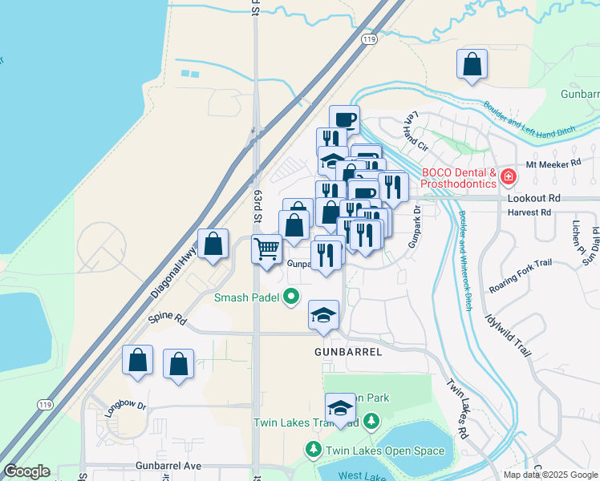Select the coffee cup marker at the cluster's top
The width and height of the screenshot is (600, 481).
344,119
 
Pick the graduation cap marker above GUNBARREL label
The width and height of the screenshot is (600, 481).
323,314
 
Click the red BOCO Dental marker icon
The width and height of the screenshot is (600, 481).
508,176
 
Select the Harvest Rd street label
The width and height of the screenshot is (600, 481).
529,212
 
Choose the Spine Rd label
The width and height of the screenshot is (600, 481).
168,319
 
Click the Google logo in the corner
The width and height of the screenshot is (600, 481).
26,471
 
